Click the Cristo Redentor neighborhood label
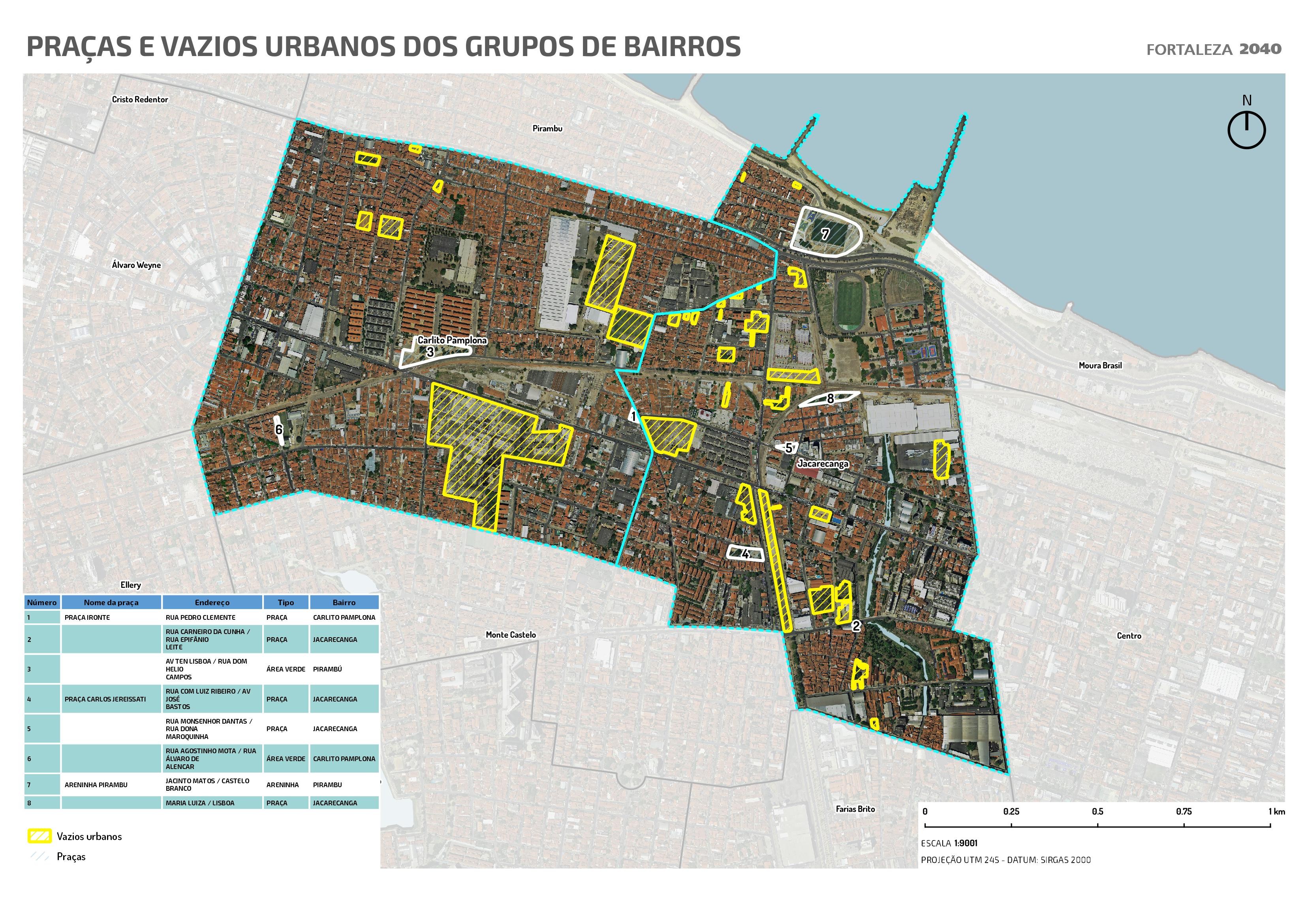(x=140, y=99)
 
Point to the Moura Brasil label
(x=1100, y=366)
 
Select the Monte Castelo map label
(x=510, y=635)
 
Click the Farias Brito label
(x=855, y=809)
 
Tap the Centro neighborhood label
(x=1129, y=636)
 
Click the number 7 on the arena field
(x=825, y=233)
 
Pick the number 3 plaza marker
(x=430, y=352)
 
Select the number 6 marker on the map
(x=279, y=430)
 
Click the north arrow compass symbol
(x=1246, y=129)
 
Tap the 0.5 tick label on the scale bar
(x=1097, y=812)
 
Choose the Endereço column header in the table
(x=212, y=602)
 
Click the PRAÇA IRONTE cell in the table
(x=87, y=617)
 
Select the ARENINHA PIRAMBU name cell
(x=96, y=785)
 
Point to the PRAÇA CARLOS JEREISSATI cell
(x=105, y=699)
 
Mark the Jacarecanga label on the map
(x=823, y=463)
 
